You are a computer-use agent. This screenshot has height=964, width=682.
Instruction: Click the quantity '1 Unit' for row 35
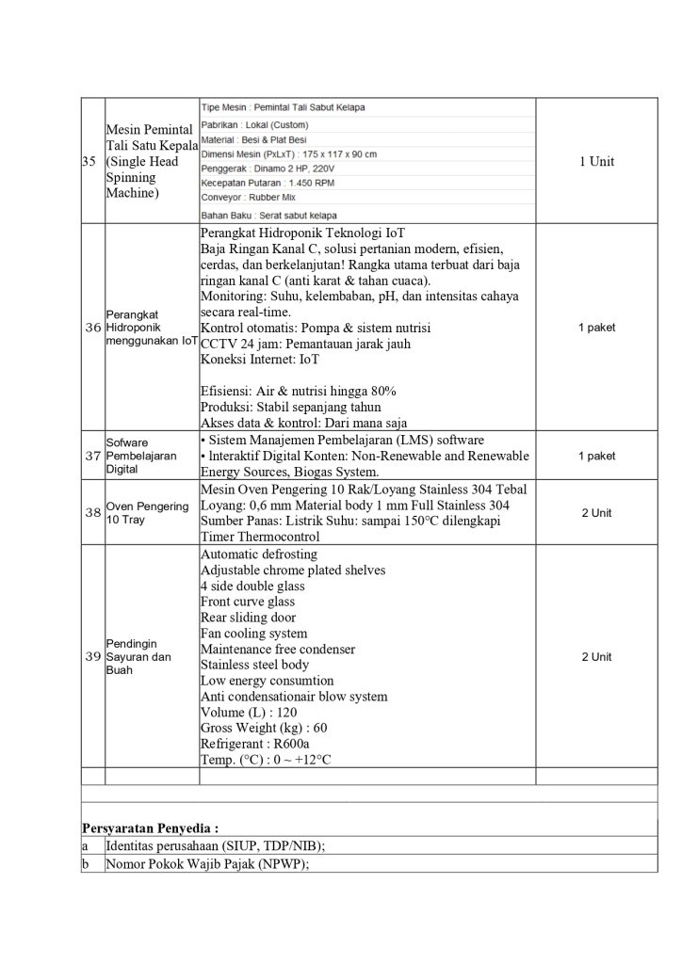click(595, 162)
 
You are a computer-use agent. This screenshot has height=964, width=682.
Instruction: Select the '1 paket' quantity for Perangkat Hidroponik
click(595, 328)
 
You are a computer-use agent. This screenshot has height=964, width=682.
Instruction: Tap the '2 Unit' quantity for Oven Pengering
click(595, 513)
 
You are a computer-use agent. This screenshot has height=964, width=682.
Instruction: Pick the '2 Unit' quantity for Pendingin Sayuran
click(595, 656)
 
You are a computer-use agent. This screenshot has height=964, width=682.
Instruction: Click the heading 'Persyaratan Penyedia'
click(151, 828)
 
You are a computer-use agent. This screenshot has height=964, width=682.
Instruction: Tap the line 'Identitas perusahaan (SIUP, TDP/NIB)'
click(216, 846)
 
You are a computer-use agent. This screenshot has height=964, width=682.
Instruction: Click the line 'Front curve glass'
click(248, 602)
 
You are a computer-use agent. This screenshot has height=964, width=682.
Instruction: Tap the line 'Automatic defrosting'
click(259, 554)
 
